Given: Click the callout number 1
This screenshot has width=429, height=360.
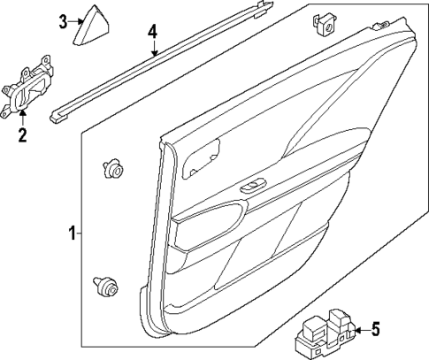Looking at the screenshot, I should pyautogui.click(x=72, y=234).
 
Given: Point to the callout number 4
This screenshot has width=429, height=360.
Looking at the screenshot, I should pyautogui.click(x=152, y=31).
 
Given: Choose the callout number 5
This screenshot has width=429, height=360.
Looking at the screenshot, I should pyautogui.click(x=374, y=330).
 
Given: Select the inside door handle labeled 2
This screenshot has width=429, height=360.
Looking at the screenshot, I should pyautogui.click(x=29, y=89).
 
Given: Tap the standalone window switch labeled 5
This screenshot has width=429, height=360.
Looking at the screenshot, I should pyautogui.click(x=326, y=334).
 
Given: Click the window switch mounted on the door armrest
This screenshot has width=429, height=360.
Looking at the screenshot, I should pyautogui.click(x=253, y=185).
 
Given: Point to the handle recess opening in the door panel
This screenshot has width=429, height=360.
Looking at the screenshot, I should pyautogui.click(x=203, y=158).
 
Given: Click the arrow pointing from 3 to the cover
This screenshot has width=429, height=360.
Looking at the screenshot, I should pyautogui.click(x=76, y=22).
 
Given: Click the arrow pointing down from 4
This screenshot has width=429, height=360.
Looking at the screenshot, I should pyautogui.click(x=153, y=48).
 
